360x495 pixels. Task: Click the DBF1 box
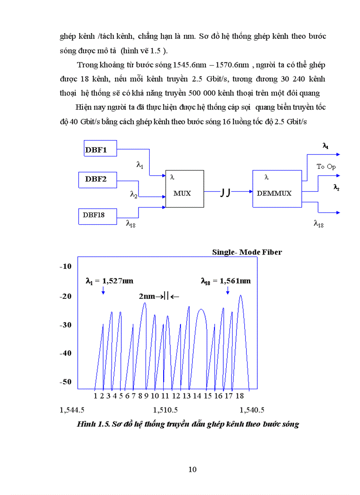click(100, 150)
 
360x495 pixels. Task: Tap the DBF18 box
click(97, 215)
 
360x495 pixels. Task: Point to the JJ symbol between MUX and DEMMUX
click(225, 193)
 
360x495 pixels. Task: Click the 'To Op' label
click(326, 166)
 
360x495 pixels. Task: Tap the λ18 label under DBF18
click(131, 223)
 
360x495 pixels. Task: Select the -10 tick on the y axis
click(65, 267)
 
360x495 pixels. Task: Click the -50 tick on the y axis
click(65, 382)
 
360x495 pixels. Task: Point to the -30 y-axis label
click(65, 325)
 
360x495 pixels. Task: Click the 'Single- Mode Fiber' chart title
click(247, 252)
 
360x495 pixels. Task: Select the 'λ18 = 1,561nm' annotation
click(225, 280)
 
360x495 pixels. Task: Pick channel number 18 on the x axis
click(240, 396)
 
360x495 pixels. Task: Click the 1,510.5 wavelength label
click(165, 410)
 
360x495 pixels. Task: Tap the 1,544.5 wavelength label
click(72, 410)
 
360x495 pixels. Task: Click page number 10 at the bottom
click(192, 469)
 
